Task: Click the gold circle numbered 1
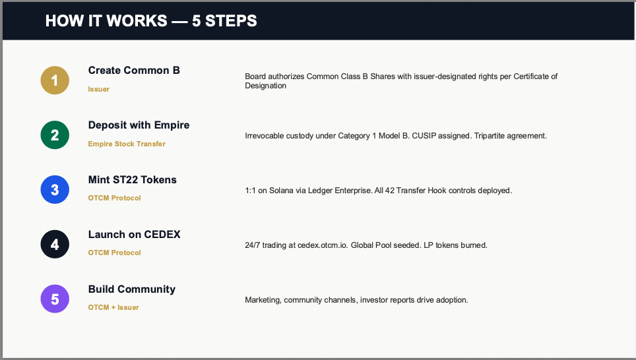55,80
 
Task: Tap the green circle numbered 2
55,135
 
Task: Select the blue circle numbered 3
55,190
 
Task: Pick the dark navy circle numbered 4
55,245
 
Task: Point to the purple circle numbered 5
55,299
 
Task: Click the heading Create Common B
134,70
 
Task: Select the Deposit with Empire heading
139,125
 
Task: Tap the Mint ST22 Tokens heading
132,179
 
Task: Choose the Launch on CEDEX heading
134,234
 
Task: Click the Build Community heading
132,289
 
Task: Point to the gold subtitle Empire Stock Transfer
127,144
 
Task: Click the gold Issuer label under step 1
98,89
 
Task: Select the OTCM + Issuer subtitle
113,307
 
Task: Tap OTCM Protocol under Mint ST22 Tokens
114,198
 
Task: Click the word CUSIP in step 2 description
424,136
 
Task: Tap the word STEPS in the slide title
231,20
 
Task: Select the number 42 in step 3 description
390,191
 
